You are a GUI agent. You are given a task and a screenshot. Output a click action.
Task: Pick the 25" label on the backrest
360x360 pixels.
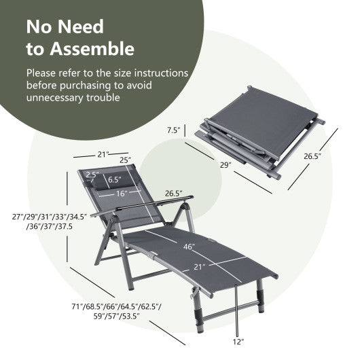[x=124, y=160]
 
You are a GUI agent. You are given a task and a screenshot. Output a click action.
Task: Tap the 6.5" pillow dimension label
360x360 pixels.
[x=114, y=181]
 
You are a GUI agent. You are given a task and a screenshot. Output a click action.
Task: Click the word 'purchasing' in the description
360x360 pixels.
[x=86, y=85]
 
